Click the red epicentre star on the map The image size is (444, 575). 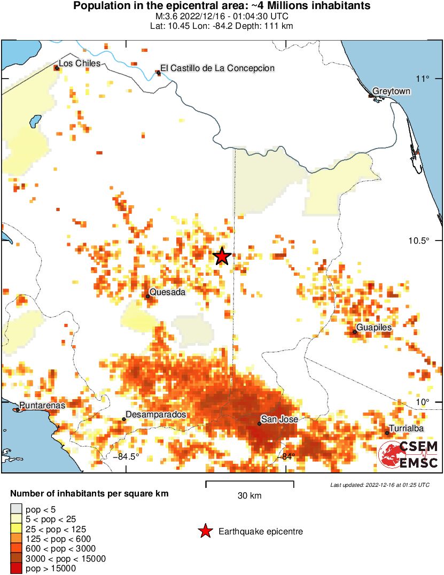coord(222,257)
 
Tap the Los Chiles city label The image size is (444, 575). coord(80,64)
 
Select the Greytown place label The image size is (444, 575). coord(391,91)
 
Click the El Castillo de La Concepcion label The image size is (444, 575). coord(217,68)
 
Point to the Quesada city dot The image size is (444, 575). coord(148,296)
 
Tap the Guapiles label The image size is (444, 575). coord(374,327)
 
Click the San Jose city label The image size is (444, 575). coord(279,419)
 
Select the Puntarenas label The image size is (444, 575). coord(42,406)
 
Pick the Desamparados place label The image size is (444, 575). coord(155,415)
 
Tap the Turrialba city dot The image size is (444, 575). coord(387,433)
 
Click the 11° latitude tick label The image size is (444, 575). coord(424,79)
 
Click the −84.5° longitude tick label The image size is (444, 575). coord(126,456)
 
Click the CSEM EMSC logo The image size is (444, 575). coord(408,455)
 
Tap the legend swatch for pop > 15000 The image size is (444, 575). coord(17,569)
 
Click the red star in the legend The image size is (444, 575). coord(205,531)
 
